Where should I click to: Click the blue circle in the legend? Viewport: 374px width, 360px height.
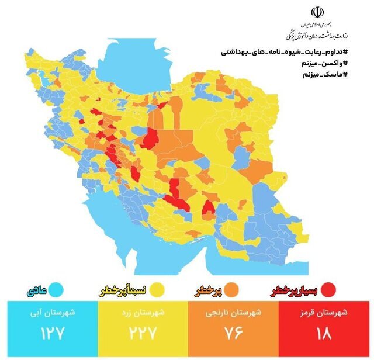coord(57,289)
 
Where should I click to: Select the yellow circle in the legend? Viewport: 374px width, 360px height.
coord(156,289)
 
